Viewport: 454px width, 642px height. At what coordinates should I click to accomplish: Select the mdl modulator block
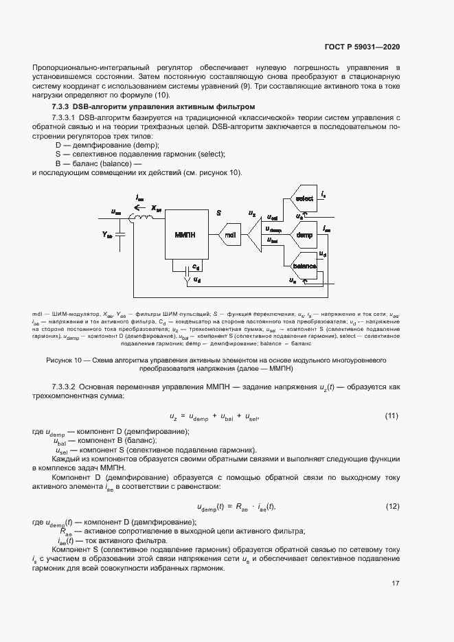click(x=230, y=236)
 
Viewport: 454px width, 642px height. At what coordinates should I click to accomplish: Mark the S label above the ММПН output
click(x=218, y=214)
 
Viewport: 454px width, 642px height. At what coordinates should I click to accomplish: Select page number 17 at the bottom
click(x=396, y=583)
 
